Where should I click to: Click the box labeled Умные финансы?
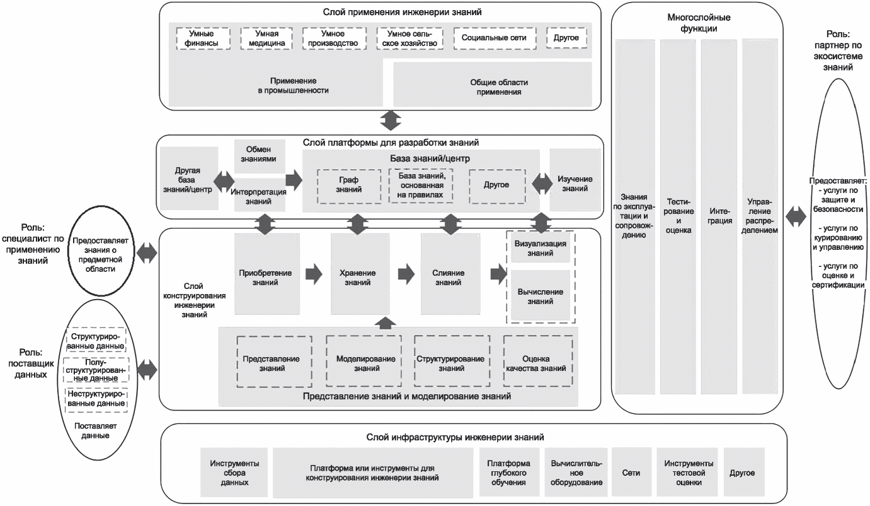pyautogui.click(x=202, y=38)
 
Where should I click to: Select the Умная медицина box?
pyautogui.click(x=267, y=38)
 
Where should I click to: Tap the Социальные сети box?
pyautogui.click(x=494, y=38)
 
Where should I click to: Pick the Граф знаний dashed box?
pyautogui.click(x=348, y=185)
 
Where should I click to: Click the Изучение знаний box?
pyautogui.click(x=575, y=184)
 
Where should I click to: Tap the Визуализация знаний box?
pyautogui.click(x=539, y=249)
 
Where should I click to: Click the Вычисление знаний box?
pyautogui.click(x=540, y=296)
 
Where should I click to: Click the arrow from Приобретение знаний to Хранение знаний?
pyautogui.click(x=313, y=274)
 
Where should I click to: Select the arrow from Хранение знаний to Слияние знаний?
pyautogui.click(x=406, y=274)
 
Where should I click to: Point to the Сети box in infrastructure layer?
pyautogui.click(x=631, y=473)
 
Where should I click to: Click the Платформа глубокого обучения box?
pyautogui.click(x=508, y=473)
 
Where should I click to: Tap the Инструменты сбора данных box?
pyautogui.click(x=234, y=473)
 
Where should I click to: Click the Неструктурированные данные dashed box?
pyautogui.click(x=96, y=398)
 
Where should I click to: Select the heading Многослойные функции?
pyautogui.click(x=696, y=23)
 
